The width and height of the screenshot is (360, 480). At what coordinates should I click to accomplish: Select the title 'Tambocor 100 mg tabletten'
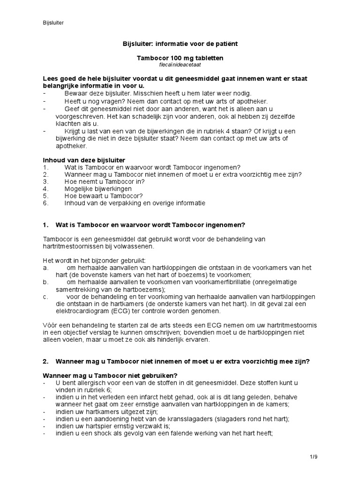click(180, 58)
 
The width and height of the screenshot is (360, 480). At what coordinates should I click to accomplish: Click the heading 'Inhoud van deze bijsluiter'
click(84, 160)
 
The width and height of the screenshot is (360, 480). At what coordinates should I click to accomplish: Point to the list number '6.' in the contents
click(45, 203)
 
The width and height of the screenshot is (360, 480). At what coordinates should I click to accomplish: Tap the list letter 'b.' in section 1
click(45, 283)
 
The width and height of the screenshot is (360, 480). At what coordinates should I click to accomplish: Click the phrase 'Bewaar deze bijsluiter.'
click(96, 93)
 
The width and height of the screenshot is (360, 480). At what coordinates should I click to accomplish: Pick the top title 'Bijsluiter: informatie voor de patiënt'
click(180, 44)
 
